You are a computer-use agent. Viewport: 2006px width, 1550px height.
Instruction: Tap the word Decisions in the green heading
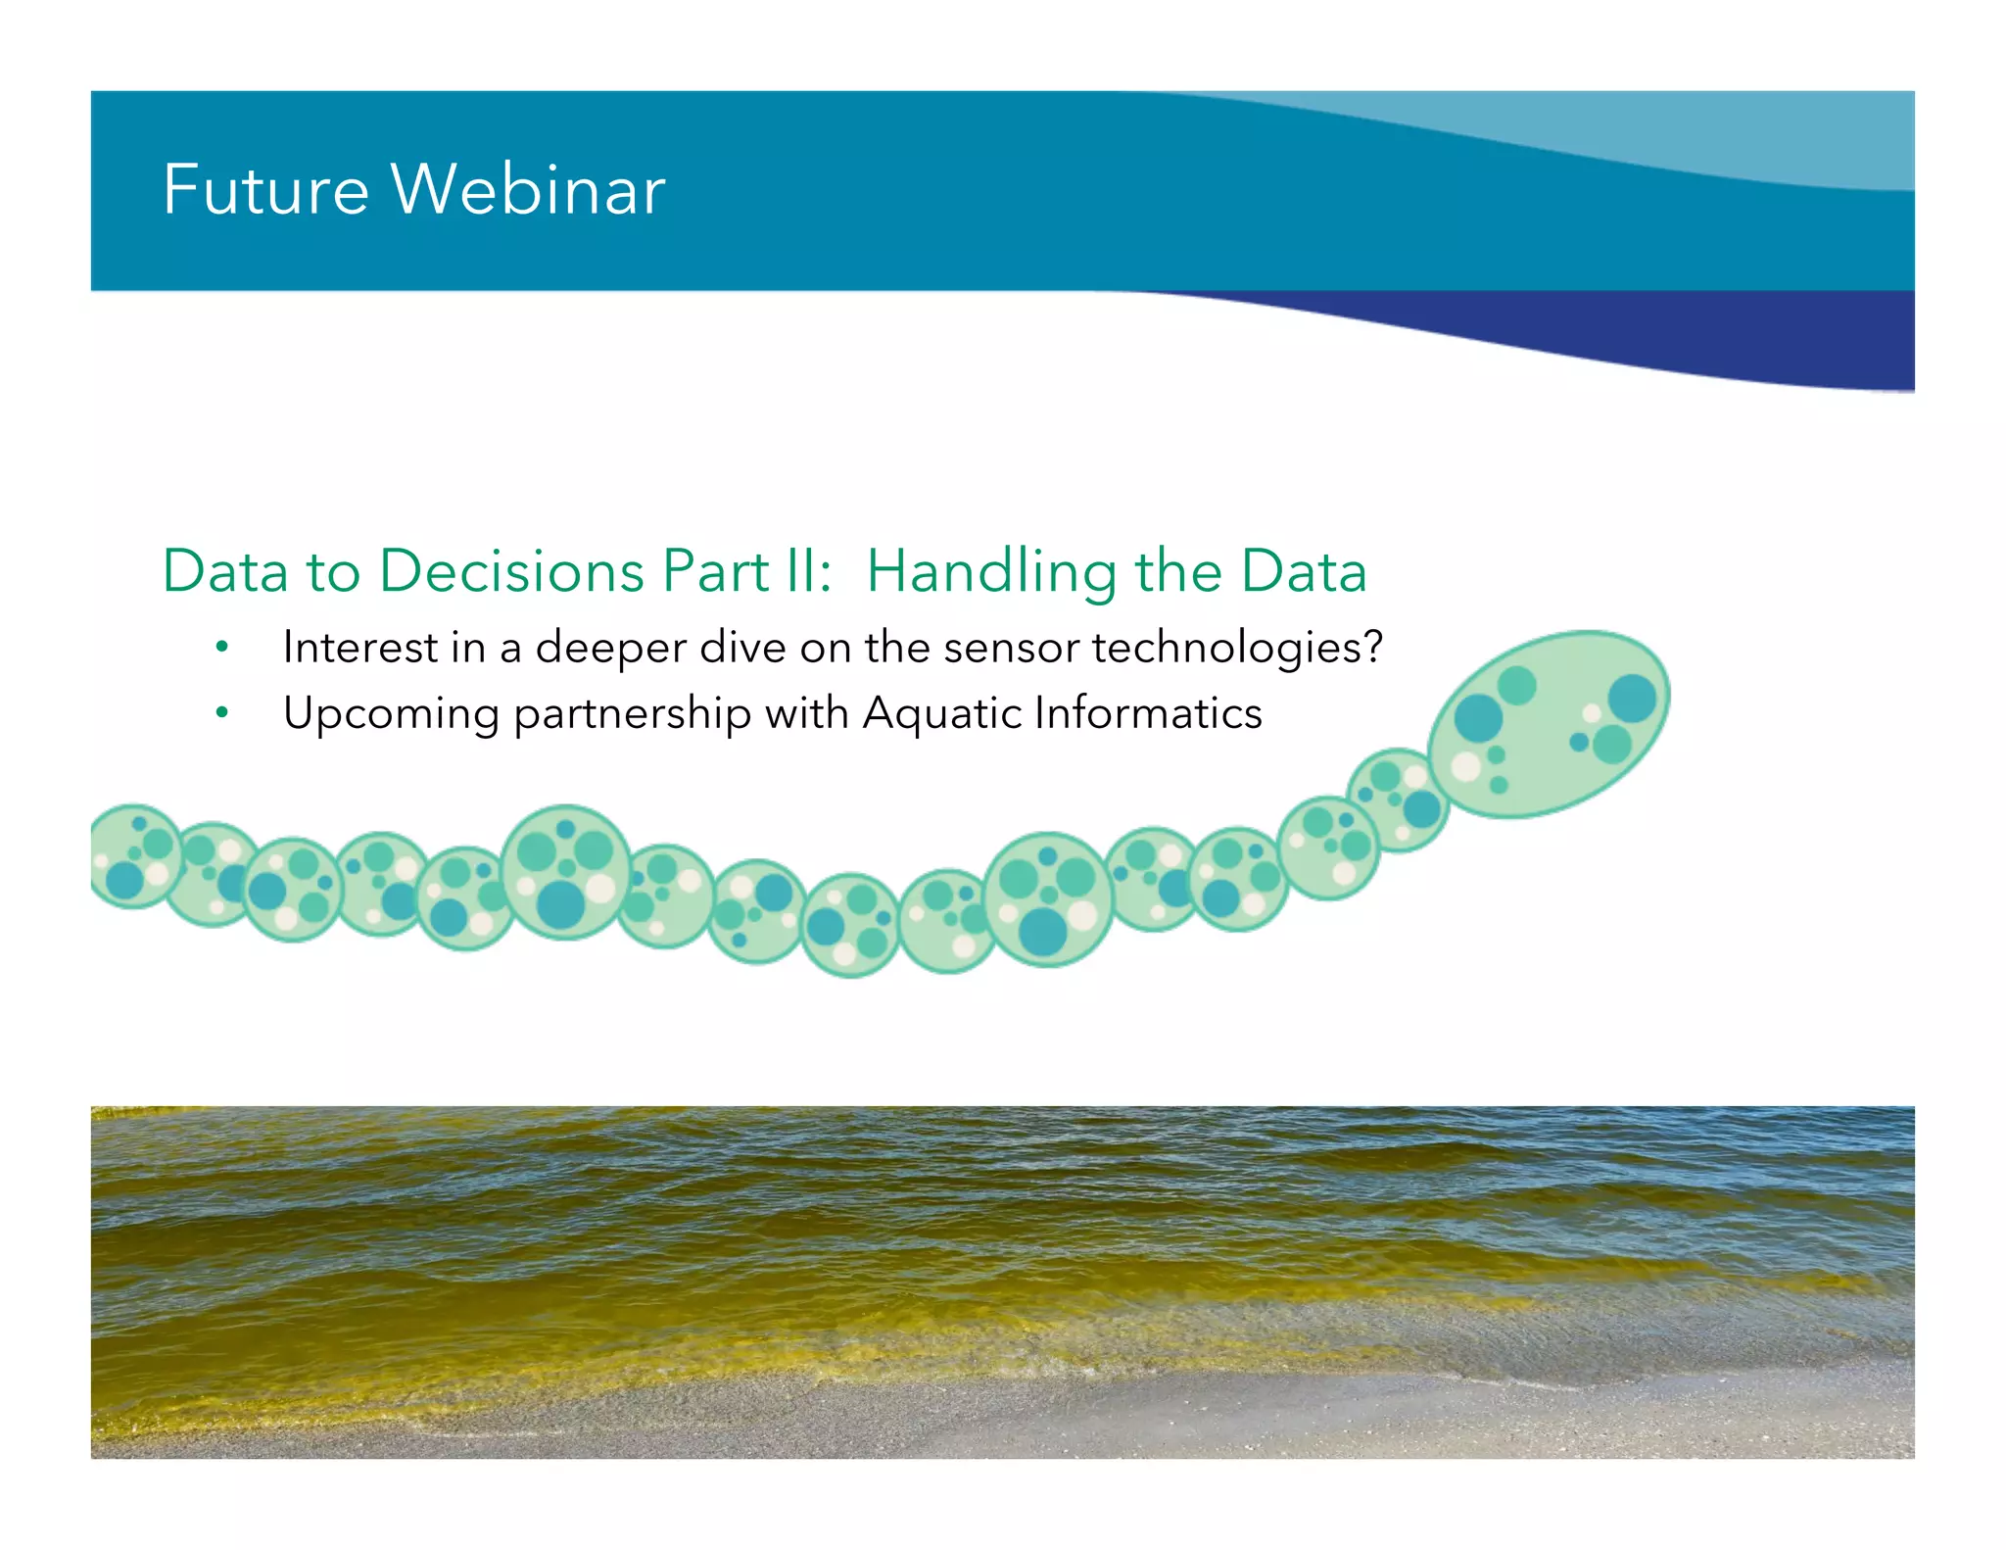click(x=511, y=571)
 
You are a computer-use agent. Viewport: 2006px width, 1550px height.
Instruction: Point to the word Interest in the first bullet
click(x=359, y=648)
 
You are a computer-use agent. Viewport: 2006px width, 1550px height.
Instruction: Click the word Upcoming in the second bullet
click(x=391, y=714)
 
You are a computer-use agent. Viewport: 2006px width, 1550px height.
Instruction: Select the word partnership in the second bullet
click(x=632, y=714)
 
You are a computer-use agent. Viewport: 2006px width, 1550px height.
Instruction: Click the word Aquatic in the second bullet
click(x=941, y=714)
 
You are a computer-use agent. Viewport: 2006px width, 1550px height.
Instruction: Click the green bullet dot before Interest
click(x=222, y=648)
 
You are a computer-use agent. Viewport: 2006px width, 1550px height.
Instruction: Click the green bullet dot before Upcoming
click(x=222, y=713)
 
